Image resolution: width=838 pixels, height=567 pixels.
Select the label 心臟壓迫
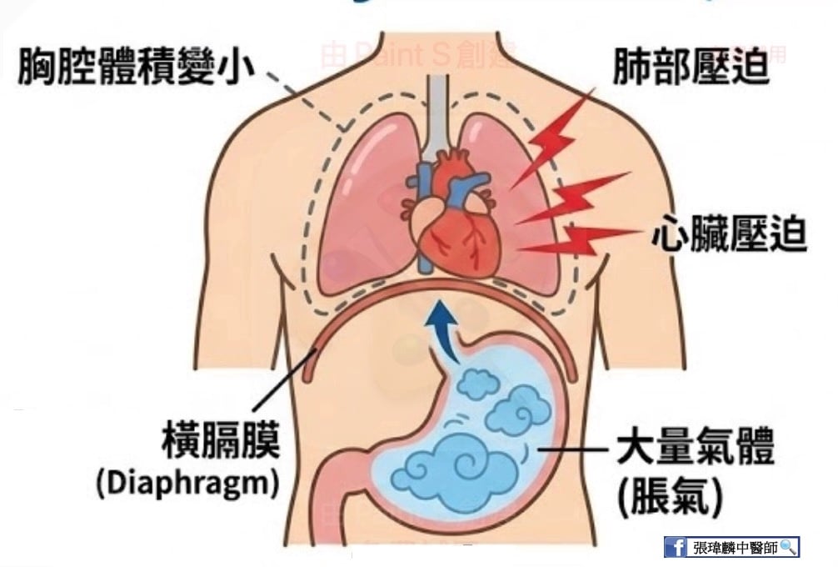tap(729, 235)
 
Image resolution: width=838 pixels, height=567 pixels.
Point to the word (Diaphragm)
tap(187, 484)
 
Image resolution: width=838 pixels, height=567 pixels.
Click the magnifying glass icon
tap(788, 547)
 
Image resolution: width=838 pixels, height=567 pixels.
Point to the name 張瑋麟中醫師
tap(733, 547)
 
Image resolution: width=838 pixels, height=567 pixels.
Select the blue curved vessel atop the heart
tap(470, 182)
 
